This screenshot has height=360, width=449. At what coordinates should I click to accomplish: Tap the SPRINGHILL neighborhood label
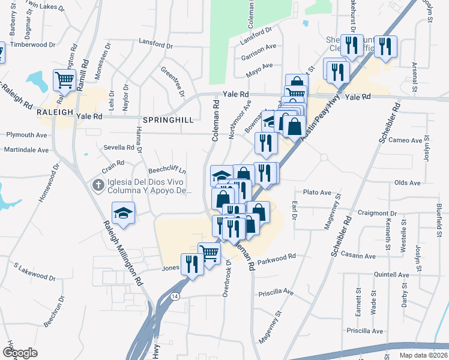pyautogui.click(x=167, y=120)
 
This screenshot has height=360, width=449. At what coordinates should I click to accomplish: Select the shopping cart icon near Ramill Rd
pyautogui.click(x=64, y=79)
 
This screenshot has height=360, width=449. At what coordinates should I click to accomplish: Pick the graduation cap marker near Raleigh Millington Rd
pyautogui.click(x=123, y=213)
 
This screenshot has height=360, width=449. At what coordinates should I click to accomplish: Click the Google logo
pyautogui.click(x=20, y=353)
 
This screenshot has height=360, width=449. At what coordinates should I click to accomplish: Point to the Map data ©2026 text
pyautogui.click(x=423, y=355)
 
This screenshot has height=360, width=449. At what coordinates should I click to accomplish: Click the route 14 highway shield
pyautogui.click(x=174, y=296)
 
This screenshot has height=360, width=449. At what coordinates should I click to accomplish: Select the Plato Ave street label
pyautogui.click(x=318, y=193)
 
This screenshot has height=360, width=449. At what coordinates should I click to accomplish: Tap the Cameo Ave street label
pyautogui.click(x=406, y=140)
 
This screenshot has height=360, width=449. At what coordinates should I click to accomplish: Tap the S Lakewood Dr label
pyautogui.click(x=34, y=271)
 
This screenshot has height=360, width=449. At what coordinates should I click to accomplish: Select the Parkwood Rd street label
pyautogui.click(x=277, y=260)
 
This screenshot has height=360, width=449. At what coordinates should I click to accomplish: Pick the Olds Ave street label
pyautogui.click(x=408, y=182)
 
